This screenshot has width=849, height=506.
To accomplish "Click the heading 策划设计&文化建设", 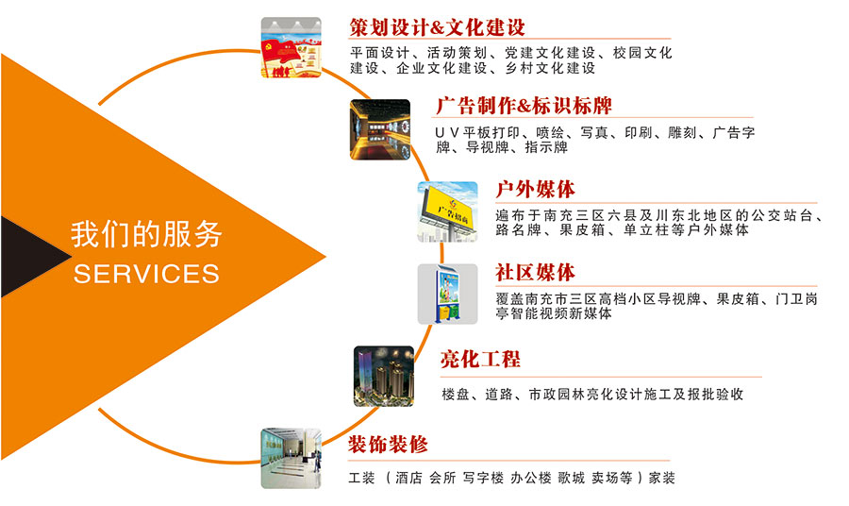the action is (x=437, y=27).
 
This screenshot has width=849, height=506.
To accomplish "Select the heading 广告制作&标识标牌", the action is (x=524, y=106).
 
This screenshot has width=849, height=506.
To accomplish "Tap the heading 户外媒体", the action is (x=535, y=190).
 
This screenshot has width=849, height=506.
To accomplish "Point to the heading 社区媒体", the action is (x=535, y=273).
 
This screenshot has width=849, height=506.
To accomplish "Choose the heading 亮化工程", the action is (x=480, y=359).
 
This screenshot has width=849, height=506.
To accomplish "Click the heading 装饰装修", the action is (x=388, y=445).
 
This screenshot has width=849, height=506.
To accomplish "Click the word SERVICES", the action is (x=146, y=274).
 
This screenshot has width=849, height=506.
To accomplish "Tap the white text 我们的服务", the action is (x=146, y=234).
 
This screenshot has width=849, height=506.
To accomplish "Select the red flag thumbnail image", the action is (x=291, y=48).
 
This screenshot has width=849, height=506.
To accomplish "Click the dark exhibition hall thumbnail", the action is (x=380, y=129).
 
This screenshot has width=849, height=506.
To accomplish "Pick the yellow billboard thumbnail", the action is (x=447, y=211).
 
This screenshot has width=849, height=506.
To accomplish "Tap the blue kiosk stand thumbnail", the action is (x=447, y=295).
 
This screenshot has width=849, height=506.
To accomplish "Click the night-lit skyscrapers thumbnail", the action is (x=384, y=377).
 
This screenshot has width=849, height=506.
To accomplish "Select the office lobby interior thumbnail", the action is (x=291, y=458).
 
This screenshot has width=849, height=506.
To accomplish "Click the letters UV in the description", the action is (x=447, y=133).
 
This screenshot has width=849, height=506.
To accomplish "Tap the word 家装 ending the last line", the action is (x=661, y=478).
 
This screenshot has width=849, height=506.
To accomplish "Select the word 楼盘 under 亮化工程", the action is (x=456, y=395).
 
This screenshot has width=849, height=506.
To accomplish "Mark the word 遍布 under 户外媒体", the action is (x=510, y=215).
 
